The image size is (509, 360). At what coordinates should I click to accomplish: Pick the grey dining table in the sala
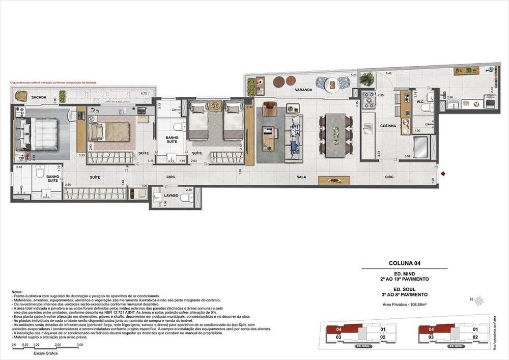point(335,133)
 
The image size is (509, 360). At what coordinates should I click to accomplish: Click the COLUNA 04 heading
point(404,263)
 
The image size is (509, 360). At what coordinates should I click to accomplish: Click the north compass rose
point(479,301)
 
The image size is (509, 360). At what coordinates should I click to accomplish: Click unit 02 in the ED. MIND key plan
point(475,337)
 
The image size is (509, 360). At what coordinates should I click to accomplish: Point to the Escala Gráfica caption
point(45,352)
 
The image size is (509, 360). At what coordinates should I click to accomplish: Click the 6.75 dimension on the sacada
point(144,94)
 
